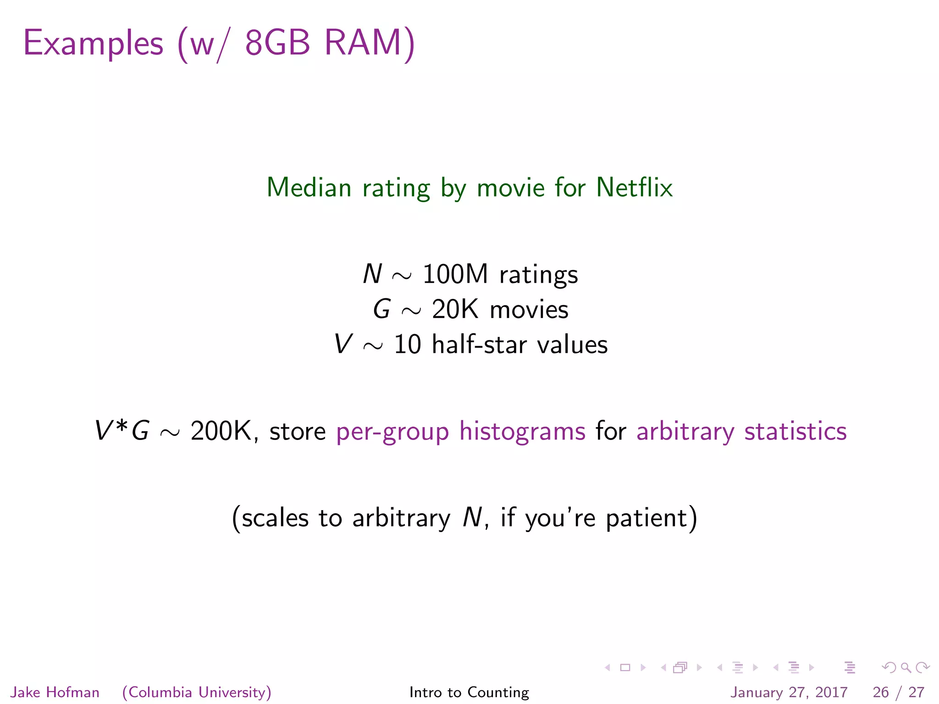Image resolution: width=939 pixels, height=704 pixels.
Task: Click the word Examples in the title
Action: [x=93, y=44]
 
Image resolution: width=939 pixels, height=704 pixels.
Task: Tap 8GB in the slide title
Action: [x=277, y=43]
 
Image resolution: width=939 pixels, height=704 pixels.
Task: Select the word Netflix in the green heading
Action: [x=634, y=187]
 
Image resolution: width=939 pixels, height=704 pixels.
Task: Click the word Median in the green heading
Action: [x=309, y=187]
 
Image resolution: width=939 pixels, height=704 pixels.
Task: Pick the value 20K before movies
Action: [x=455, y=309]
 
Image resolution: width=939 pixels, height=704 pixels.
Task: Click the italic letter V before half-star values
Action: [x=343, y=344]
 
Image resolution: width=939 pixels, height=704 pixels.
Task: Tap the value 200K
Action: [x=221, y=431]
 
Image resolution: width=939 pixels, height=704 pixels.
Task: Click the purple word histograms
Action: [x=522, y=431]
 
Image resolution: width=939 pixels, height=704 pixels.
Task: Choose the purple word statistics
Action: [x=795, y=431]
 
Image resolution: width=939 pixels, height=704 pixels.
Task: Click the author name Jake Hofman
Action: [x=55, y=692]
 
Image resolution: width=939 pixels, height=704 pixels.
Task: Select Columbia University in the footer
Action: [x=197, y=692]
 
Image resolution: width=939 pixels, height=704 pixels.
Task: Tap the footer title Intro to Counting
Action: [x=469, y=692]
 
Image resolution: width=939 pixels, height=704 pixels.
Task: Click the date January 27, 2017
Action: [x=789, y=692]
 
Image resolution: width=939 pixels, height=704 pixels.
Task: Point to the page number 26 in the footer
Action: [x=881, y=692]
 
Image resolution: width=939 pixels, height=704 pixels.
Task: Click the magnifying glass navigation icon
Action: [x=906, y=667]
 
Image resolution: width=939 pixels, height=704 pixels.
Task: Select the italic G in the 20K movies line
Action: [x=382, y=309]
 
